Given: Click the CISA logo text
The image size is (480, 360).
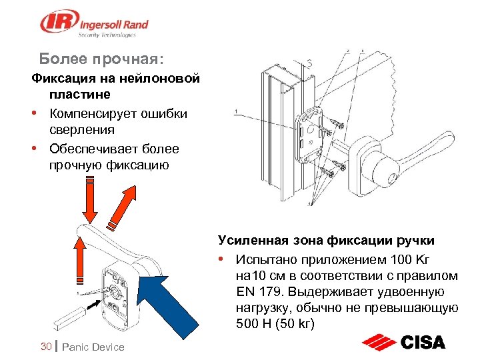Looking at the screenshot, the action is [x=423, y=343].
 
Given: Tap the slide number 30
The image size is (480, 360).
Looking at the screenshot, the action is [x=46, y=346].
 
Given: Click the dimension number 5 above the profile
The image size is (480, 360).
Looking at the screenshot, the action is [x=309, y=64].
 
